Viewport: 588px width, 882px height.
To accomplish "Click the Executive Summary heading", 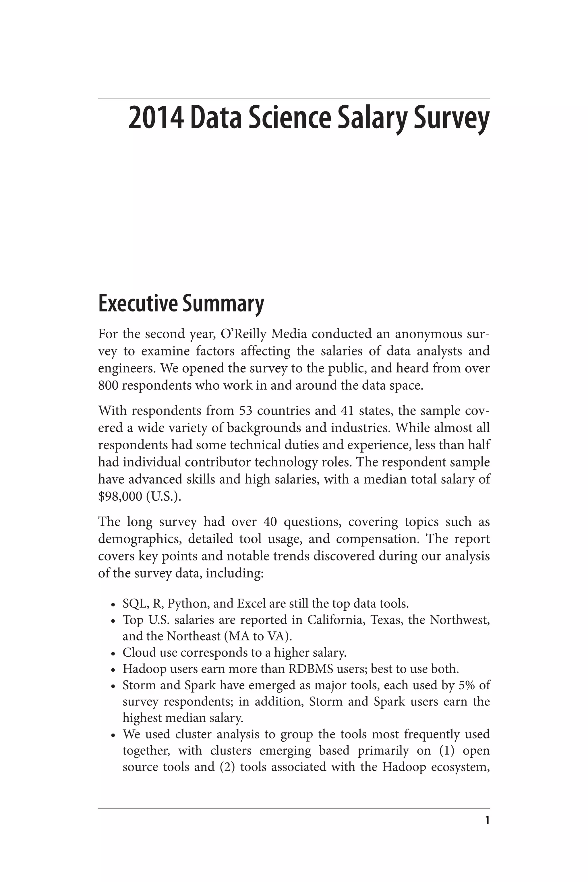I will pos(181,303).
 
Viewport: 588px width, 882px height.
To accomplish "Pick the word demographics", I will pos(140,539).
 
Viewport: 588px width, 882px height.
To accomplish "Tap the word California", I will pos(336,620).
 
